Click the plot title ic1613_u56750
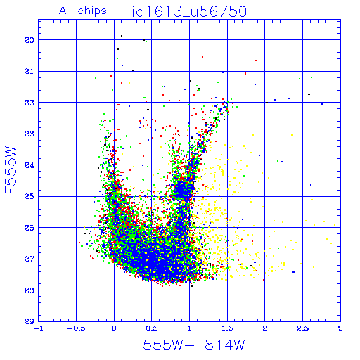189,12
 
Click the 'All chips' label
83,11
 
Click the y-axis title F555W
11,170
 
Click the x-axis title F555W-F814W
190,345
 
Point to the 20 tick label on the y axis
30,40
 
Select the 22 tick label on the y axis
30,103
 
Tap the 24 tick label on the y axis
30,165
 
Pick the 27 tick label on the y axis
30,259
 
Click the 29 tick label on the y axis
30,322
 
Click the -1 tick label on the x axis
39,328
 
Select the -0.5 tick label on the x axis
75,328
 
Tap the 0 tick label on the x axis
114,328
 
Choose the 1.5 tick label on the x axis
227,328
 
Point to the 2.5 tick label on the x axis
302,328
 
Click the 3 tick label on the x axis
340,328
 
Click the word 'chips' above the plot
92,11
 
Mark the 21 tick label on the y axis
30,71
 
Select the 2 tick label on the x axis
265,328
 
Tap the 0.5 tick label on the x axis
152,328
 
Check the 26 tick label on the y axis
30,228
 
